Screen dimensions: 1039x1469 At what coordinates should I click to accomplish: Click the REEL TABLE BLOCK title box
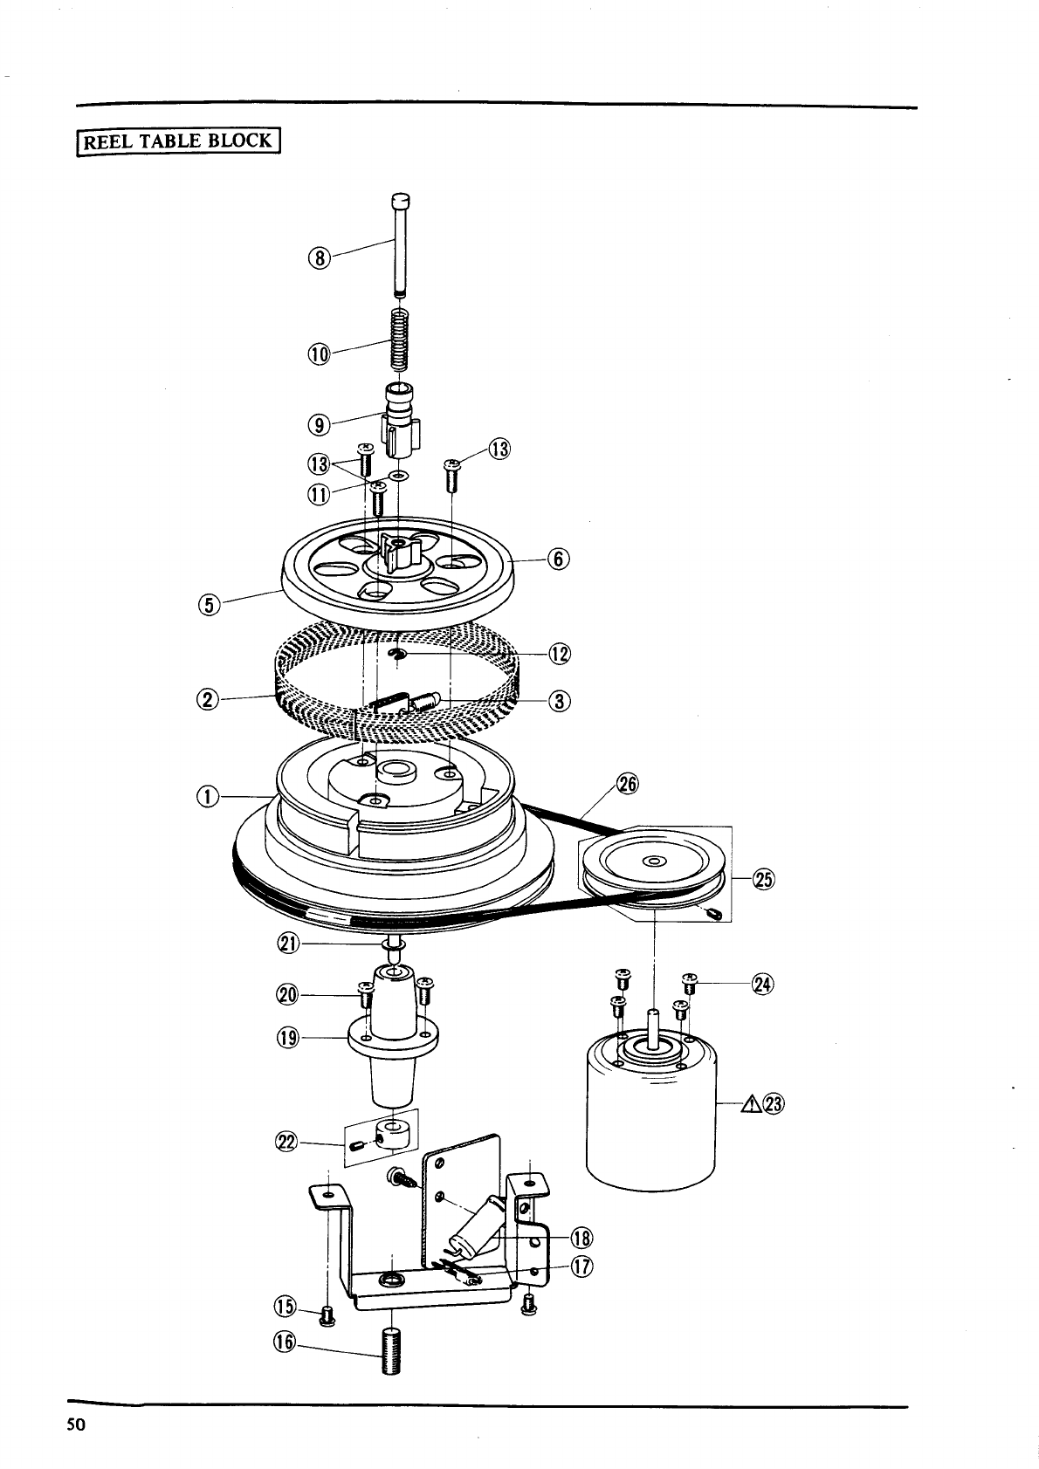(x=178, y=141)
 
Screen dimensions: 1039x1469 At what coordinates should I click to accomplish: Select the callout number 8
(x=320, y=258)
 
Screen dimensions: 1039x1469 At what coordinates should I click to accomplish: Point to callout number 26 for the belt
(x=628, y=784)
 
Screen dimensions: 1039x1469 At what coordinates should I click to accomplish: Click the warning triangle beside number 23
(x=751, y=1104)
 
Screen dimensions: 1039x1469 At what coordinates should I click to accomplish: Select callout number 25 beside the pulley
(x=764, y=879)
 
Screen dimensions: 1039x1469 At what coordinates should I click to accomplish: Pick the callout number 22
(x=288, y=1143)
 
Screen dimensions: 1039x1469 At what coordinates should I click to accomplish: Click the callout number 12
(x=560, y=654)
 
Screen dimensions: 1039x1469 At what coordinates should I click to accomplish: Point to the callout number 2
(x=208, y=700)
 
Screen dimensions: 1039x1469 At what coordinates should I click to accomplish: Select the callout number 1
(x=208, y=797)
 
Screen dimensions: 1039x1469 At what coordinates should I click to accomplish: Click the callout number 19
(x=288, y=1038)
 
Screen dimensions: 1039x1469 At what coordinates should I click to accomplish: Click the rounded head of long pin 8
(x=401, y=199)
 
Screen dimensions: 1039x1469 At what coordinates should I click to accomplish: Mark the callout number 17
(x=581, y=1266)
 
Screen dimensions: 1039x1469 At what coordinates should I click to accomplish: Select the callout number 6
(x=558, y=559)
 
